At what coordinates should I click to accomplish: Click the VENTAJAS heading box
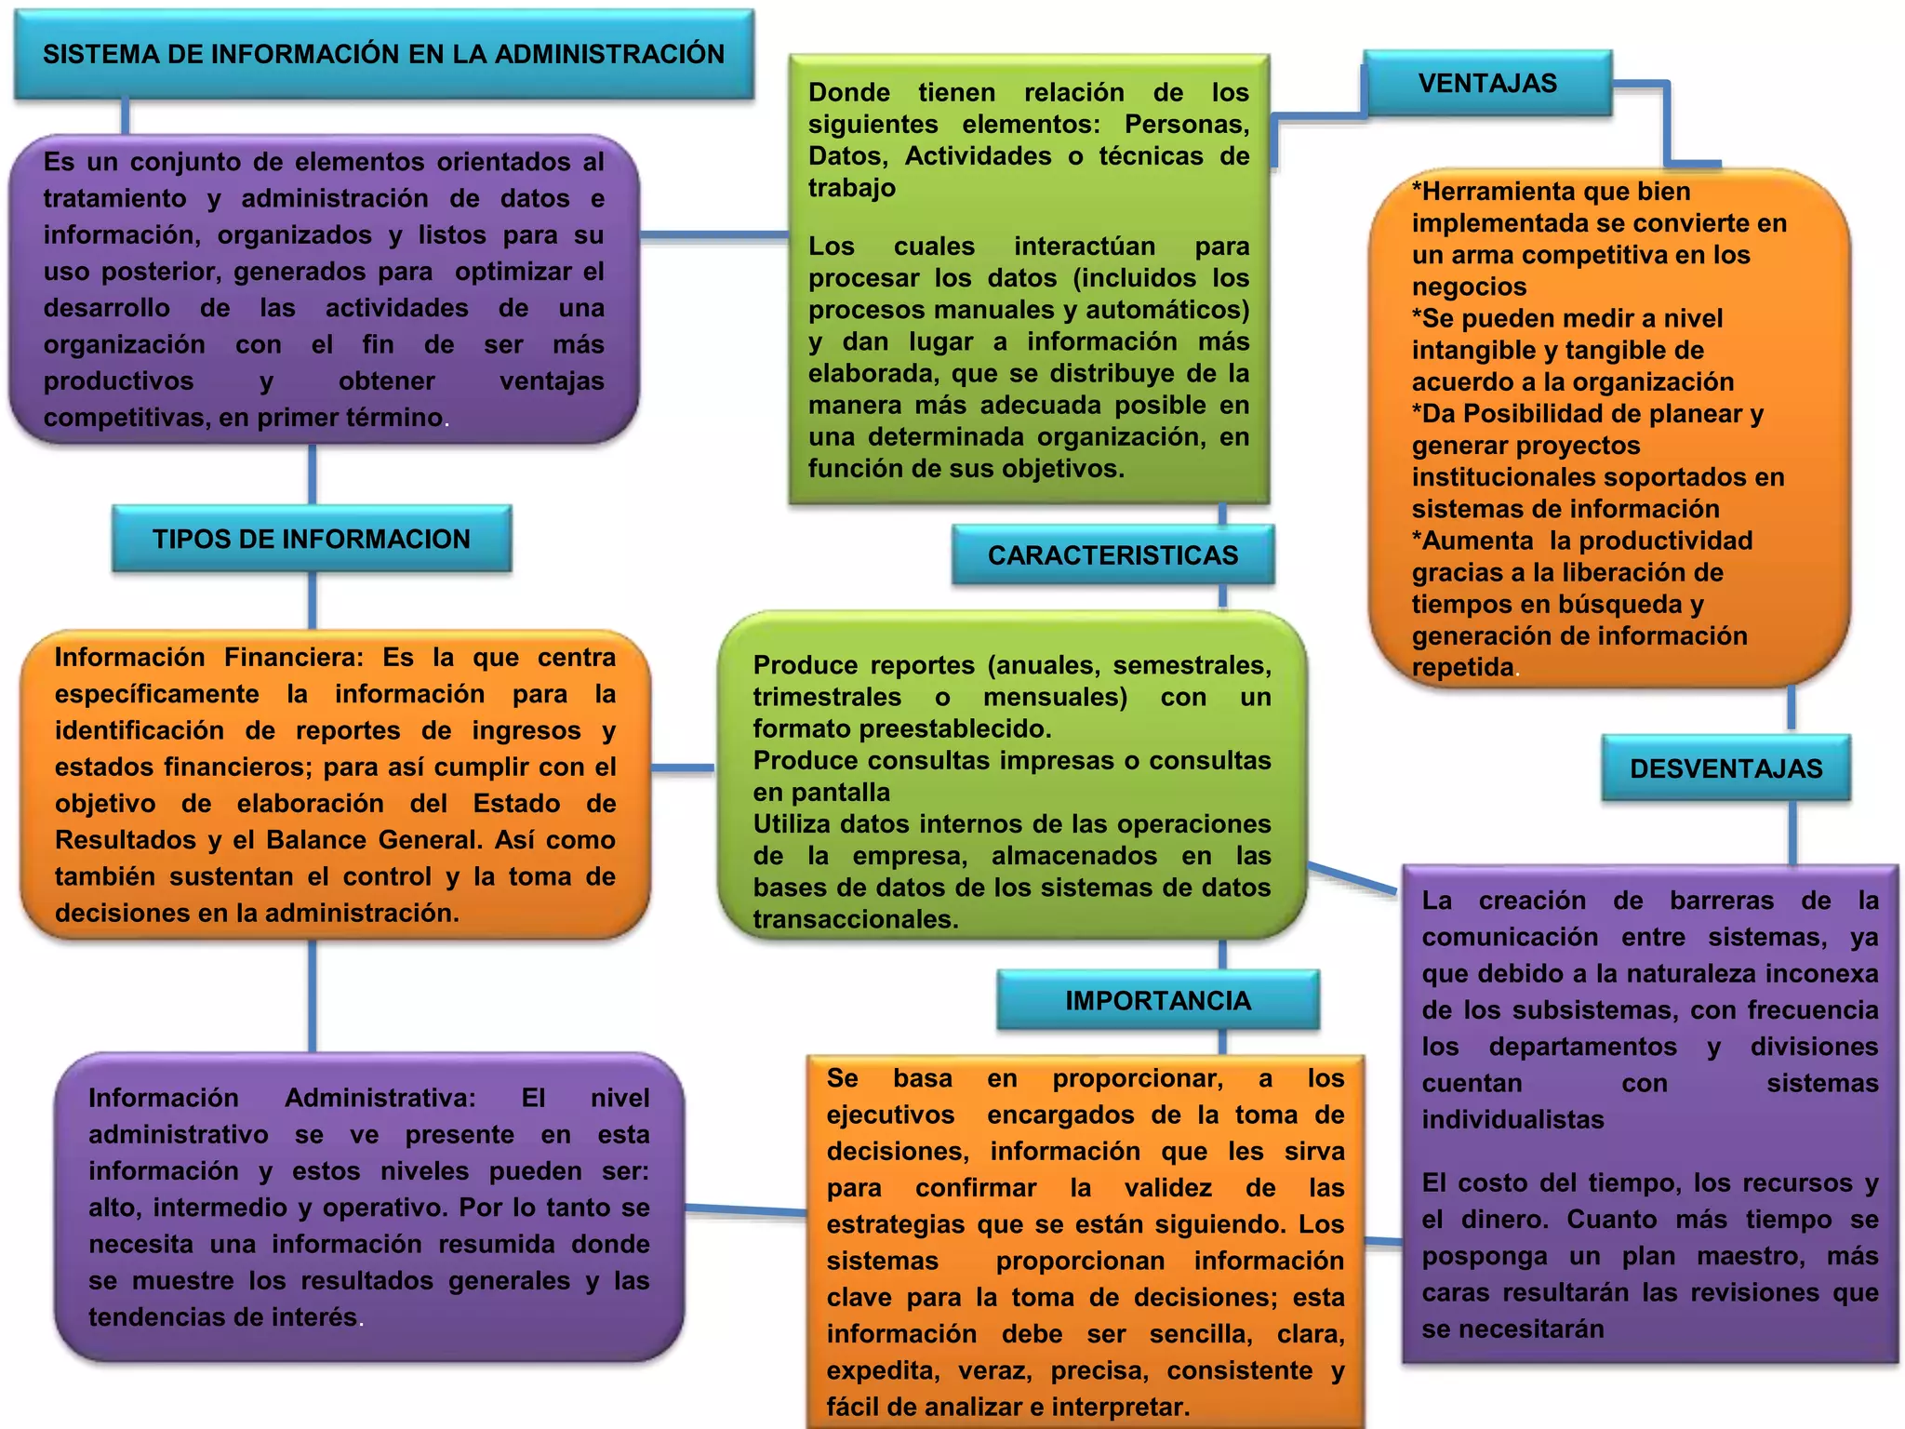pyautogui.click(x=1486, y=84)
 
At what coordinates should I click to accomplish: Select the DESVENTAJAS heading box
pyautogui.click(x=1725, y=768)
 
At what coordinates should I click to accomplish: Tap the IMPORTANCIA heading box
pyautogui.click(x=1157, y=1000)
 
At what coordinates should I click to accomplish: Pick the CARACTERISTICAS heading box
pyautogui.click(x=1112, y=555)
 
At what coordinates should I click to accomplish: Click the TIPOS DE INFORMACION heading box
pyautogui.click(x=311, y=539)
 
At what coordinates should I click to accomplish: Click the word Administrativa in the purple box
pyautogui.click(x=380, y=1098)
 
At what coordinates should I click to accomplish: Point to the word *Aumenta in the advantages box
pyautogui.click(x=1472, y=541)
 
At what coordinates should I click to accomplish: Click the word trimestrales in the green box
pyautogui.click(x=827, y=697)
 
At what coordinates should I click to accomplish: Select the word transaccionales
pyautogui.click(x=855, y=919)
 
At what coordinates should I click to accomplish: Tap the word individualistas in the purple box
pyautogui.click(x=1512, y=1119)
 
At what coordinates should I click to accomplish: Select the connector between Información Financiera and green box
pyautogui.click(x=683, y=768)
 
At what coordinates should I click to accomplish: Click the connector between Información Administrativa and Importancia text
pyautogui.click(x=745, y=1209)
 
